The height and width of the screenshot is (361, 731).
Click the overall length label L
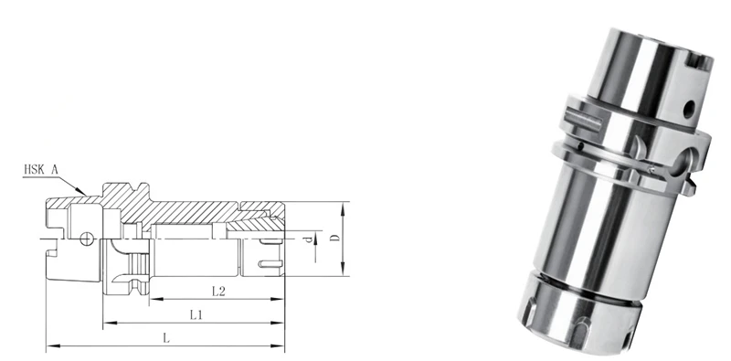coord(165,337)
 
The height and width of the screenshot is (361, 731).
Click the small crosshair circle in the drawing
coord(85,239)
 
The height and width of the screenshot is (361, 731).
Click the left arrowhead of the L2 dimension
coord(153,299)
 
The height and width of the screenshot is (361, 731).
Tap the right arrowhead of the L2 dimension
coord(281,299)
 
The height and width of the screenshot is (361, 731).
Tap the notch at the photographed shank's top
coord(699,63)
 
